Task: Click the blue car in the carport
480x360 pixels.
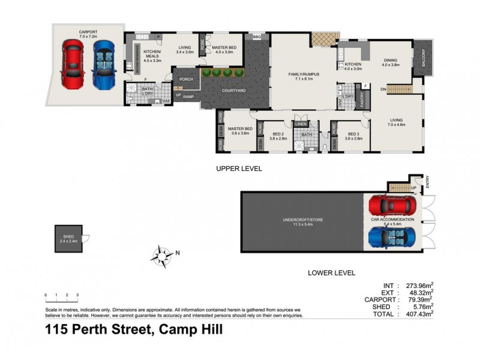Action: [x=103, y=64]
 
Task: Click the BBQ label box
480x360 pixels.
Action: [x=257, y=36]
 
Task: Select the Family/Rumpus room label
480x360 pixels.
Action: [x=302, y=76]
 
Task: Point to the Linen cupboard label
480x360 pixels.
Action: [x=301, y=124]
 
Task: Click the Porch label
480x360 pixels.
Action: [x=185, y=79]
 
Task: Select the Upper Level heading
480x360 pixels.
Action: [x=239, y=169]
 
